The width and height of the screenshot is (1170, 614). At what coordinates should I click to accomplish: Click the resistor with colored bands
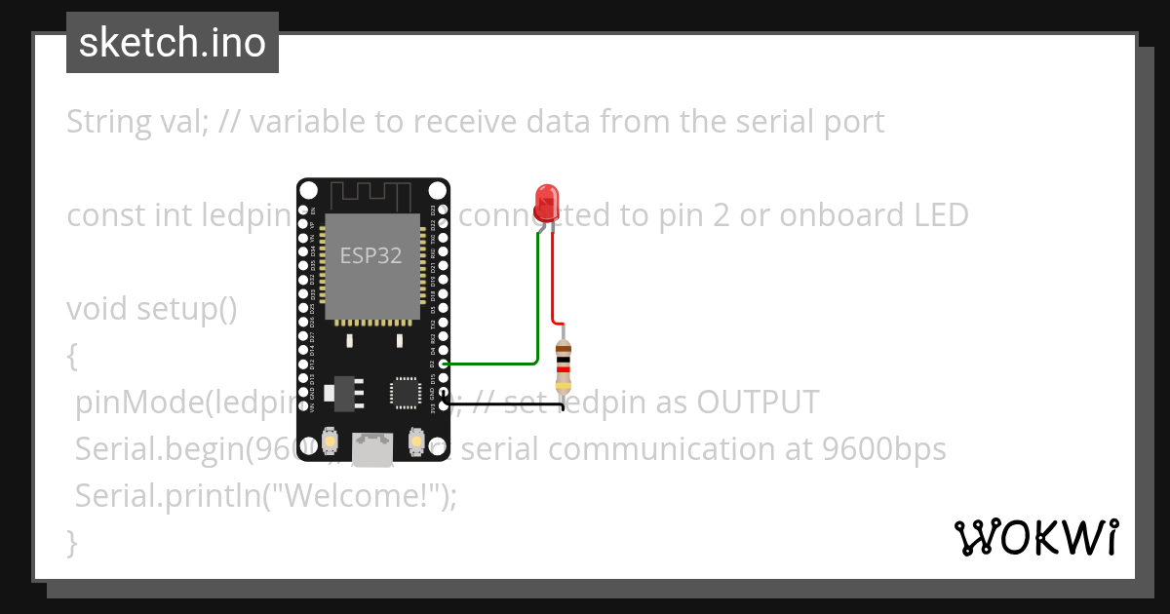click(x=563, y=367)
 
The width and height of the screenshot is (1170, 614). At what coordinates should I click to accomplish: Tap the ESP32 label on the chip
click(x=370, y=255)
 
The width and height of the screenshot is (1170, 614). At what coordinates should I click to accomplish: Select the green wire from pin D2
click(x=537, y=312)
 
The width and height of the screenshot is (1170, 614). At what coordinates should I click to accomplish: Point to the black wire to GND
click(x=507, y=403)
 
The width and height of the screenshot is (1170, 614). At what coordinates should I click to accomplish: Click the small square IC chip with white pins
click(x=404, y=391)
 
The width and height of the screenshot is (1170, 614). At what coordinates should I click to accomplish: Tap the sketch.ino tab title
click(x=173, y=43)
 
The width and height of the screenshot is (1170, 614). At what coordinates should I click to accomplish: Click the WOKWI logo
click(x=1035, y=537)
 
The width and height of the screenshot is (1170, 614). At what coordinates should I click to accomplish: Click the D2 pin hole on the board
click(x=444, y=364)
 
